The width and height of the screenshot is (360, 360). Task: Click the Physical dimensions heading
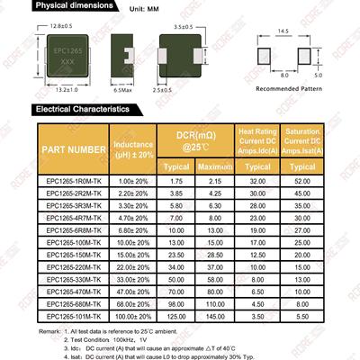point(78,8)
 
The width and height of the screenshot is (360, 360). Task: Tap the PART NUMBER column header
point(75,148)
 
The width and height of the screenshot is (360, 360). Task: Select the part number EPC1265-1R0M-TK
point(75,181)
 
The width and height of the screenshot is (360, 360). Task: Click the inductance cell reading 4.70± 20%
point(133,219)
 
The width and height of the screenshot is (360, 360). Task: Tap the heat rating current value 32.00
point(258,181)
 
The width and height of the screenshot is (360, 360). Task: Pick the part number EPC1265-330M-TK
point(75,280)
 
